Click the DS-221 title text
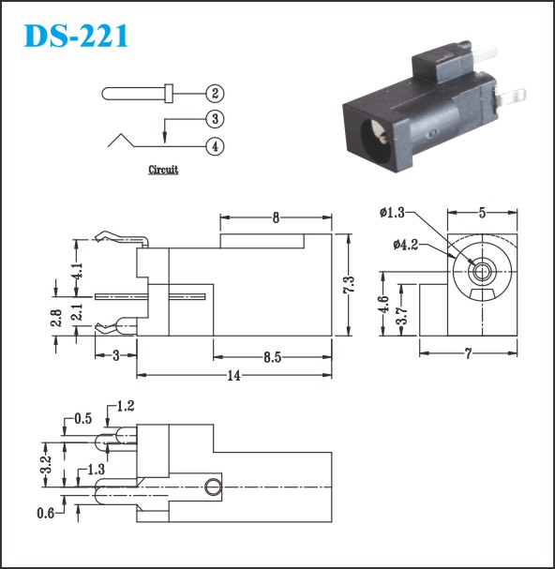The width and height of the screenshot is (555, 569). (76, 36)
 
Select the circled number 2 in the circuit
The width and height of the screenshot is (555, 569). (215, 93)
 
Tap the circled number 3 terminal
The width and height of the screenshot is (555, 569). (215, 119)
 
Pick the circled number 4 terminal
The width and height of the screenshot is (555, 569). (215, 146)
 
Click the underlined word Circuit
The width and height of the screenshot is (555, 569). (163, 170)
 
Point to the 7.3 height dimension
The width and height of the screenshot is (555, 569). (348, 285)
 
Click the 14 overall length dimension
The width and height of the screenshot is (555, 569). (234, 376)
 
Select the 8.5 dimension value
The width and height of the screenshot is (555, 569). (272, 357)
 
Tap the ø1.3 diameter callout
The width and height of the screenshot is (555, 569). (392, 212)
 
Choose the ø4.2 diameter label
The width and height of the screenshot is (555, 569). (405, 245)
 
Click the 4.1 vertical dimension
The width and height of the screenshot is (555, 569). (77, 271)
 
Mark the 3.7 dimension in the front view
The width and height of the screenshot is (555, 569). (401, 316)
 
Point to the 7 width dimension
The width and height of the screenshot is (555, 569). (469, 353)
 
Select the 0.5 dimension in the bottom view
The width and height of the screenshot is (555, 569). (83, 419)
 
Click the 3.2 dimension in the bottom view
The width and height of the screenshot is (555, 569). (46, 465)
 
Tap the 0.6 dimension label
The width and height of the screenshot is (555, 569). (45, 513)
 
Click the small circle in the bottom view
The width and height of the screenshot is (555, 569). (213, 487)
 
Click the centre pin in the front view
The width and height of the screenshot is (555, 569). (482, 272)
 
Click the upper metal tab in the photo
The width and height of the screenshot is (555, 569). (485, 54)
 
